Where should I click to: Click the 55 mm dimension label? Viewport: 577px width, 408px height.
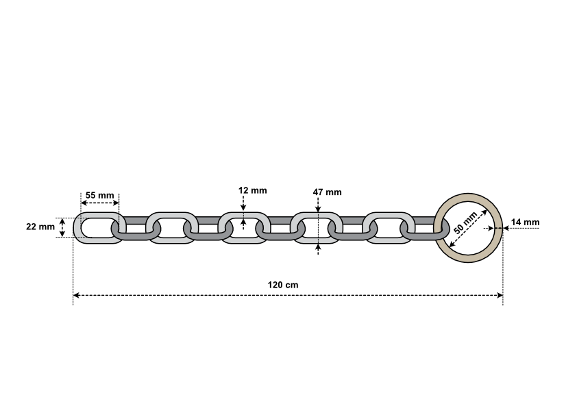coord(100,195)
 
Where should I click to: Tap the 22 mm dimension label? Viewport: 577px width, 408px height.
coord(40,227)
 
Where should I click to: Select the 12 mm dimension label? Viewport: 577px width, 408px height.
coord(252,190)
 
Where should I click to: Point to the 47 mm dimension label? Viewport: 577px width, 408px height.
coord(327,192)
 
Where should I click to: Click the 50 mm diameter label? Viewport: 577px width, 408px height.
coord(465,223)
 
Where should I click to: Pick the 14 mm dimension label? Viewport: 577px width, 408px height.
coord(525,222)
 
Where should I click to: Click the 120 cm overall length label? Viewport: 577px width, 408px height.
coord(283,285)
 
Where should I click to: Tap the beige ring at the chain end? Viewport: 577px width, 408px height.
coord(468,228)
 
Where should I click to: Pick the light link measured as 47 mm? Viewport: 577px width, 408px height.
coord(316,228)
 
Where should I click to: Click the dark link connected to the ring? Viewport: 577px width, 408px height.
coord(425,228)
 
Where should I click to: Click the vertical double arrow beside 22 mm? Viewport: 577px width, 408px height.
coord(62,227)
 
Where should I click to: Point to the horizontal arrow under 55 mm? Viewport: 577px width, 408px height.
coord(100,203)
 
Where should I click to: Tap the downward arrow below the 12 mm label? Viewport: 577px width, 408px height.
coord(243,203)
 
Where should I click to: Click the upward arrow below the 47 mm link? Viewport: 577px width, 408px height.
coord(318,249)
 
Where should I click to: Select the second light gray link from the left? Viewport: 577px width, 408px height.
coord(172,228)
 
